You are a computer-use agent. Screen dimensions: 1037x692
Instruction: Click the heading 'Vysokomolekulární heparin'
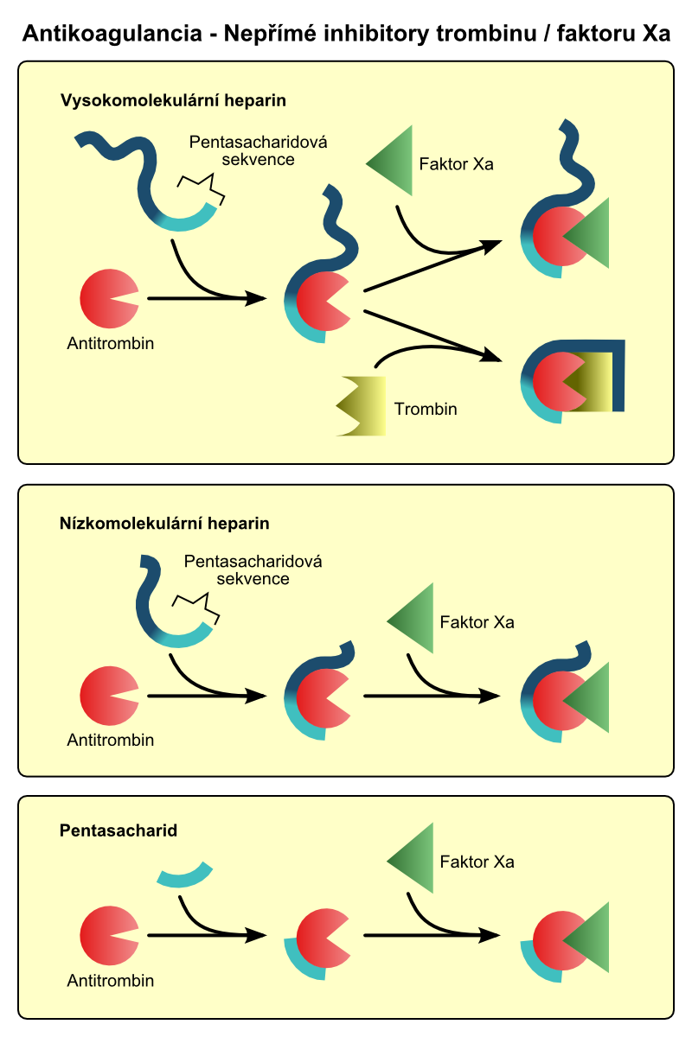173,100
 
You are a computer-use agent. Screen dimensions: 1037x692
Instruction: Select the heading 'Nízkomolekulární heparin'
164,523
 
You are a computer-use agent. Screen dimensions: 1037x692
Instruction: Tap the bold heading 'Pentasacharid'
119,831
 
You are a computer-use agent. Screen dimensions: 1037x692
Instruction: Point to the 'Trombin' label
425,409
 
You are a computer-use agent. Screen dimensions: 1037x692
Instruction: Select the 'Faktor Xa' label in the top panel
456,164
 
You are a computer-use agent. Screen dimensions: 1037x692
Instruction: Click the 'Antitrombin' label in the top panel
110,343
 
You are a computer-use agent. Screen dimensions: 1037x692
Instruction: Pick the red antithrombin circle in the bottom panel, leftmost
106,935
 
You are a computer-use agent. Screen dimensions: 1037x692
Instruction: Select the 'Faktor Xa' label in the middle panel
477,621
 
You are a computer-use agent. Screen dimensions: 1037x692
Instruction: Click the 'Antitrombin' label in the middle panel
110,740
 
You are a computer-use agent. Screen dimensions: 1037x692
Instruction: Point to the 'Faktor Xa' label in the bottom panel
477,862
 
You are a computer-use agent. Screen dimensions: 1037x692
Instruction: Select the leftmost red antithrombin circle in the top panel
106,299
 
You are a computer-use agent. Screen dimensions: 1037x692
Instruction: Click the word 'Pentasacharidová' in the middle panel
253,562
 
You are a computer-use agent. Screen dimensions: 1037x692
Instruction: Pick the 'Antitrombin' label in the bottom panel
110,981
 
